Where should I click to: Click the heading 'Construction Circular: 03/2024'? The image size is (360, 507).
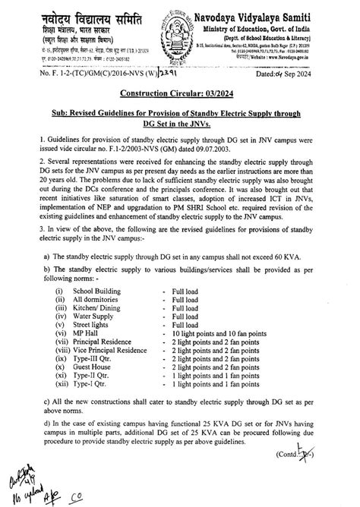point(180,93)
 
